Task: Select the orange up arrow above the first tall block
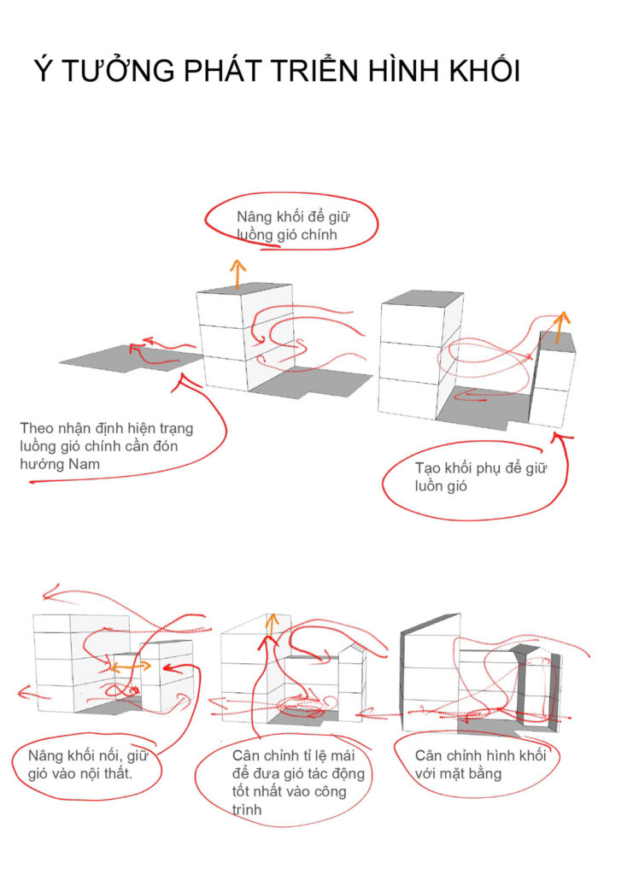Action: (x=238, y=273)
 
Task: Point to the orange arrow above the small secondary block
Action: (x=561, y=327)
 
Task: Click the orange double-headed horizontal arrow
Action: (x=131, y=666)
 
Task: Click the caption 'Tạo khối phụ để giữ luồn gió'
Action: (x=479, y=477)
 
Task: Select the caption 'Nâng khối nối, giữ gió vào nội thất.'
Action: (x=87, y=764)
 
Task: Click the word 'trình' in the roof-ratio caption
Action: (x=247, y=809)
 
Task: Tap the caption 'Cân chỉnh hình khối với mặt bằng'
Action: (x=479, y=764)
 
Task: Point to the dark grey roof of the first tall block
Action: (x=244, y=289)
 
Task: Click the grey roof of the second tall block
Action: (x=423, y=297)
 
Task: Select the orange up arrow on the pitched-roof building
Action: (x=273, y=625)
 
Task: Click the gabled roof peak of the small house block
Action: (x=352, y=644)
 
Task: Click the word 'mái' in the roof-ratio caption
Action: (x=343, y=755)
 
